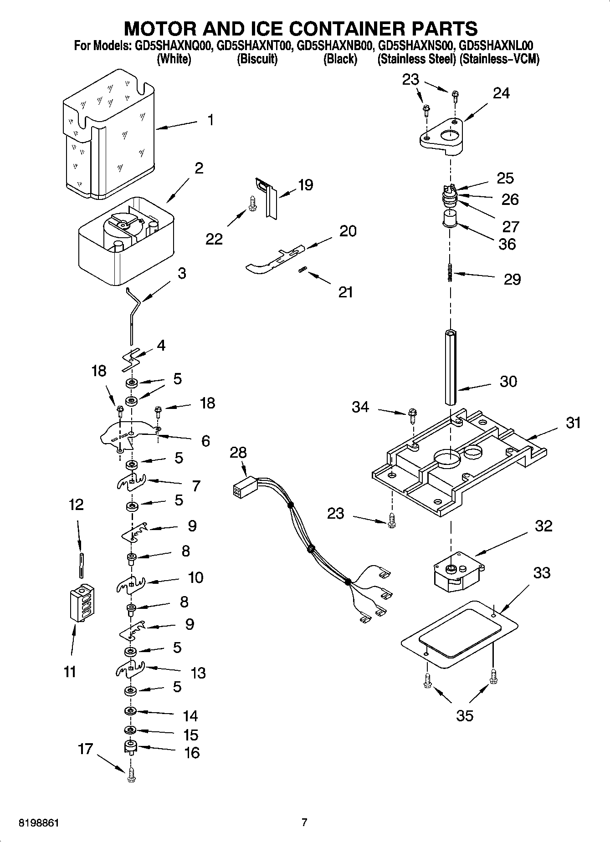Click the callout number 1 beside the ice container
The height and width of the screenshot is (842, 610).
tap(210, 120)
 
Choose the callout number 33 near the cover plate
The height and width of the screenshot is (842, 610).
tap(542, 572)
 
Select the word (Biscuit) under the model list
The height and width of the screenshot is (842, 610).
tap(257, 59)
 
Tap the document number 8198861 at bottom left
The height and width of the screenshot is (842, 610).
tap(39, 823)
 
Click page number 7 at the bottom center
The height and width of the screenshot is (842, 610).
tap(304, 822)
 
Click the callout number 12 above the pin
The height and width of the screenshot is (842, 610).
tap(76, 505)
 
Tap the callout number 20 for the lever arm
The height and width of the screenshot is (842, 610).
tap(348, 231)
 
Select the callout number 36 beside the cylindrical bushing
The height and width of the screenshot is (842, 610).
tap(507, 244)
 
